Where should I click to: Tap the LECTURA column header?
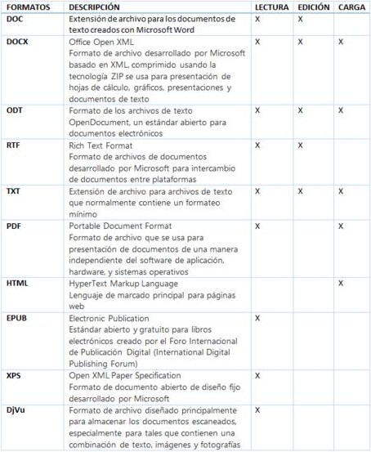(271, 6)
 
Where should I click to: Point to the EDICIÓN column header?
(314, 6)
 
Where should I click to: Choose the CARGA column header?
(351, 6)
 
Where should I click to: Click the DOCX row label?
(16, 41)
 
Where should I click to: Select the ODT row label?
(14, 110)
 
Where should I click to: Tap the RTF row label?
(13, 145)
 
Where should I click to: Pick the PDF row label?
(13, 226)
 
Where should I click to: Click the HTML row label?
(17, 283)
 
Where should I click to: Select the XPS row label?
(13, 375)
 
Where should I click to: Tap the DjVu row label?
(16, 409)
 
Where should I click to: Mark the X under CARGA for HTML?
(341, 283)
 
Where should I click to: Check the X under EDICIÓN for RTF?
(300, 145)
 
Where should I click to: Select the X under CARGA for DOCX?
(341, 41)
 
